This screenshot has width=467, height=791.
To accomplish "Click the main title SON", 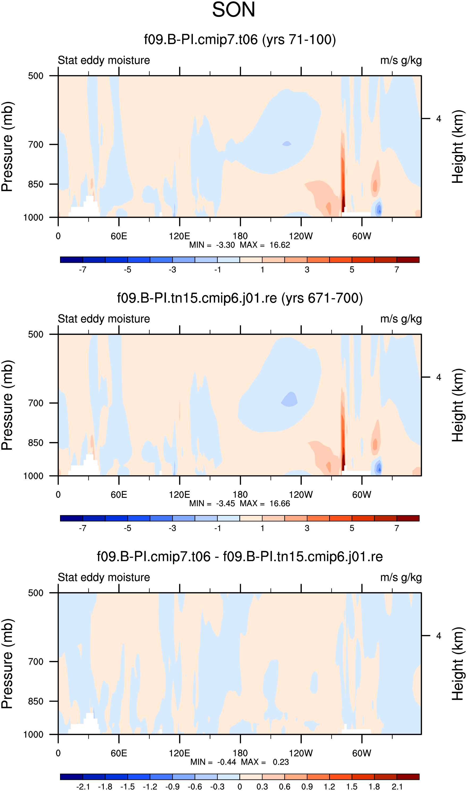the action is pyautogui.click(x=233, y=10).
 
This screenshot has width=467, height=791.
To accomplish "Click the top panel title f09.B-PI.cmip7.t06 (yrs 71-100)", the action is pyautogui.click(x=240, y=40).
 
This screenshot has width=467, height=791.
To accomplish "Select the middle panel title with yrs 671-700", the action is pyautogui.click(x=240, y=298).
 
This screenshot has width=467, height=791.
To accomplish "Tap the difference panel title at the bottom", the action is pyautogui.click(x=240, y=557).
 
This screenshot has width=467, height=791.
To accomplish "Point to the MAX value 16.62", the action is pyautogui.click(x=279, y=245).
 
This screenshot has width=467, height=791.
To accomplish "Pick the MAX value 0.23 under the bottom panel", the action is pyautogui.click(x=281, y=762).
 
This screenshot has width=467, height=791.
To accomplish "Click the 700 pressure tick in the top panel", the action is pyautogui.click(x=36, y=145).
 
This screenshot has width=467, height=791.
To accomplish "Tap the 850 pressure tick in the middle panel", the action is pyautogui.click(x=36, y=443).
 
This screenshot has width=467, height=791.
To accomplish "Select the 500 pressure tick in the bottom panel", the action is pyautogui.click(x=36, y=593).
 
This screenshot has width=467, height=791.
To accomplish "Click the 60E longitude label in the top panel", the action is pyautogui.click(x=119, y=236).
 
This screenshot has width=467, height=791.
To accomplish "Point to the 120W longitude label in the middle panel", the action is pyautogui.click(x=301, y=494).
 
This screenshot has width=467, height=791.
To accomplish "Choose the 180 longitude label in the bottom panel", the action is pyautogui.click(x=240, y=753).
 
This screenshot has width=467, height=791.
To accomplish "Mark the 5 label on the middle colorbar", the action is pyautogui.click(x=352, y=528).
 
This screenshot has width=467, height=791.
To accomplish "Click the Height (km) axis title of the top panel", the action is pyautogui.click(x=458, y=147).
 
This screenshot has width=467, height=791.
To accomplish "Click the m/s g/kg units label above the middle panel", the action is pyautogui.click(x=401, y=319).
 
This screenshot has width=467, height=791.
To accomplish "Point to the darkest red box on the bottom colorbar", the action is pyautogui.click(x=408, y=777).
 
